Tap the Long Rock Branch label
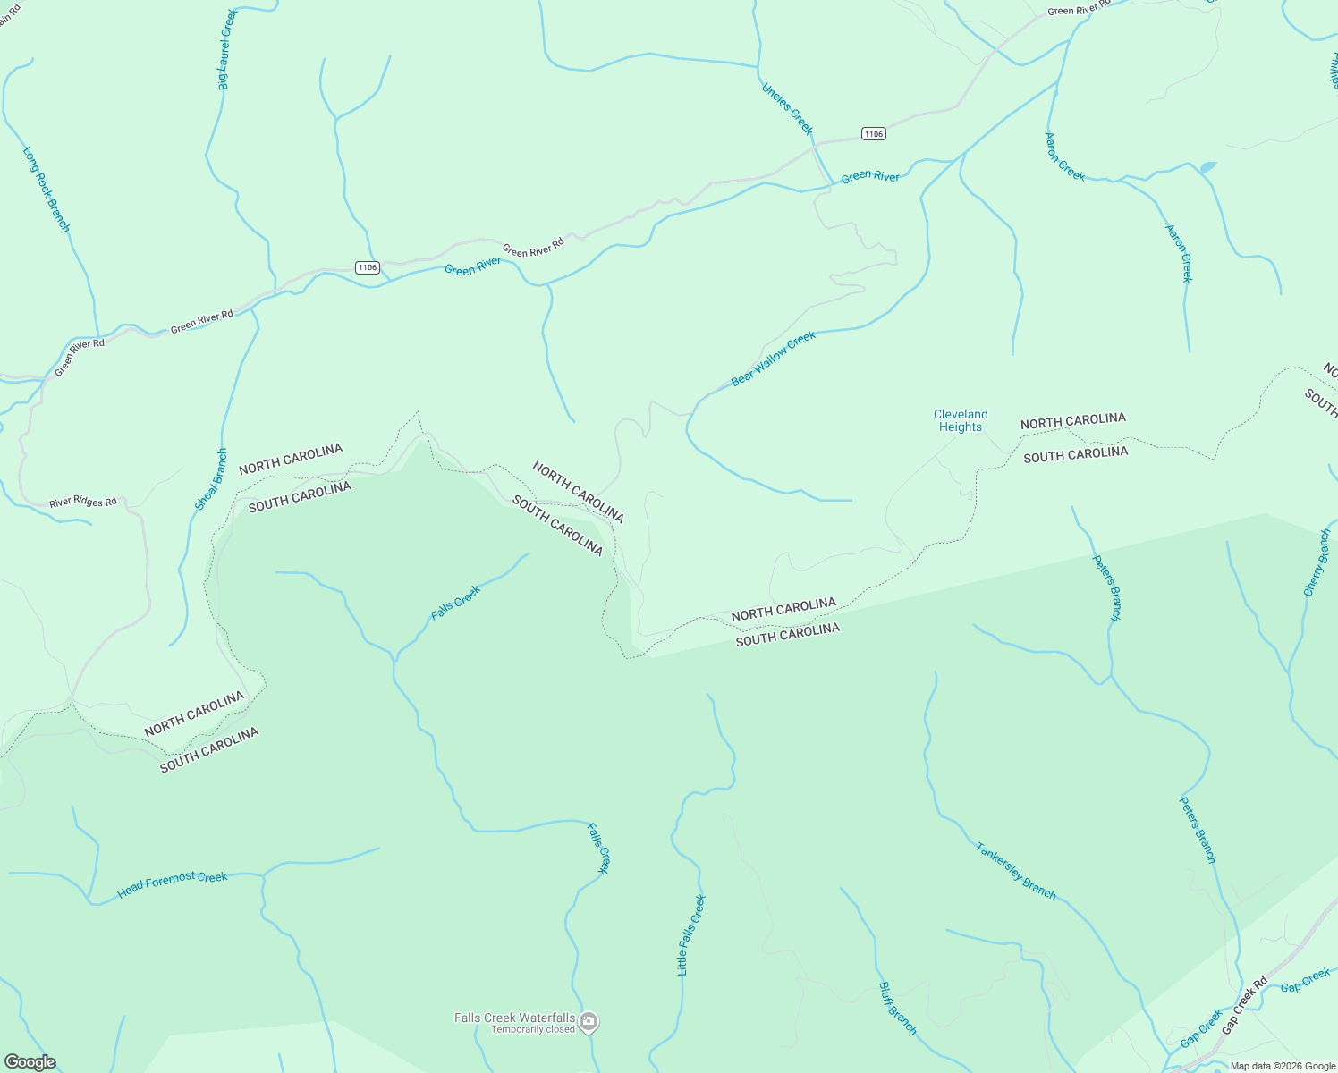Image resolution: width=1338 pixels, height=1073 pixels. [46, 190]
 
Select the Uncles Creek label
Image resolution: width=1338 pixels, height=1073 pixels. [787, 108]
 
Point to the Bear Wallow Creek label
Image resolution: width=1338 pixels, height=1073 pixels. [774, 359]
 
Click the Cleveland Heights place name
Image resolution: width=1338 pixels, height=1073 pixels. [961, 420]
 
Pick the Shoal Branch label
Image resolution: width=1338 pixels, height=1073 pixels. [212, 479]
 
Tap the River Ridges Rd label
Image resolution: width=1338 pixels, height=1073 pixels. [83, 503]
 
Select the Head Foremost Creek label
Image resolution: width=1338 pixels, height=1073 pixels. [173, 883]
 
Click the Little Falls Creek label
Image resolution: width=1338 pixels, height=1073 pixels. [690, 934]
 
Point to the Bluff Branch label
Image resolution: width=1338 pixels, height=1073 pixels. [897, 1009]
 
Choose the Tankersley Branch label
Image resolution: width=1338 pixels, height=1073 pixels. [1016, 870]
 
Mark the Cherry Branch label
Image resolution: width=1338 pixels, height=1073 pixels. [1317, 562]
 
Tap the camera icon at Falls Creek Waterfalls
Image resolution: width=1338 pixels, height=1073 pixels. [589, 1021]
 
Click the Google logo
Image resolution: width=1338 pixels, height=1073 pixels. [30, 1062]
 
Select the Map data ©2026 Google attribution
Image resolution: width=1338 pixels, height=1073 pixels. [1282, 1066]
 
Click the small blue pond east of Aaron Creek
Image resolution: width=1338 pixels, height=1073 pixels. [1207, 167]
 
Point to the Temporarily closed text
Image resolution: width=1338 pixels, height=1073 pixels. [533, 1029]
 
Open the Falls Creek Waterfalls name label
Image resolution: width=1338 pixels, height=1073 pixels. [514, 1018]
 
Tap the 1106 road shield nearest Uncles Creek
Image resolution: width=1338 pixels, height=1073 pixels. [874, 134]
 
